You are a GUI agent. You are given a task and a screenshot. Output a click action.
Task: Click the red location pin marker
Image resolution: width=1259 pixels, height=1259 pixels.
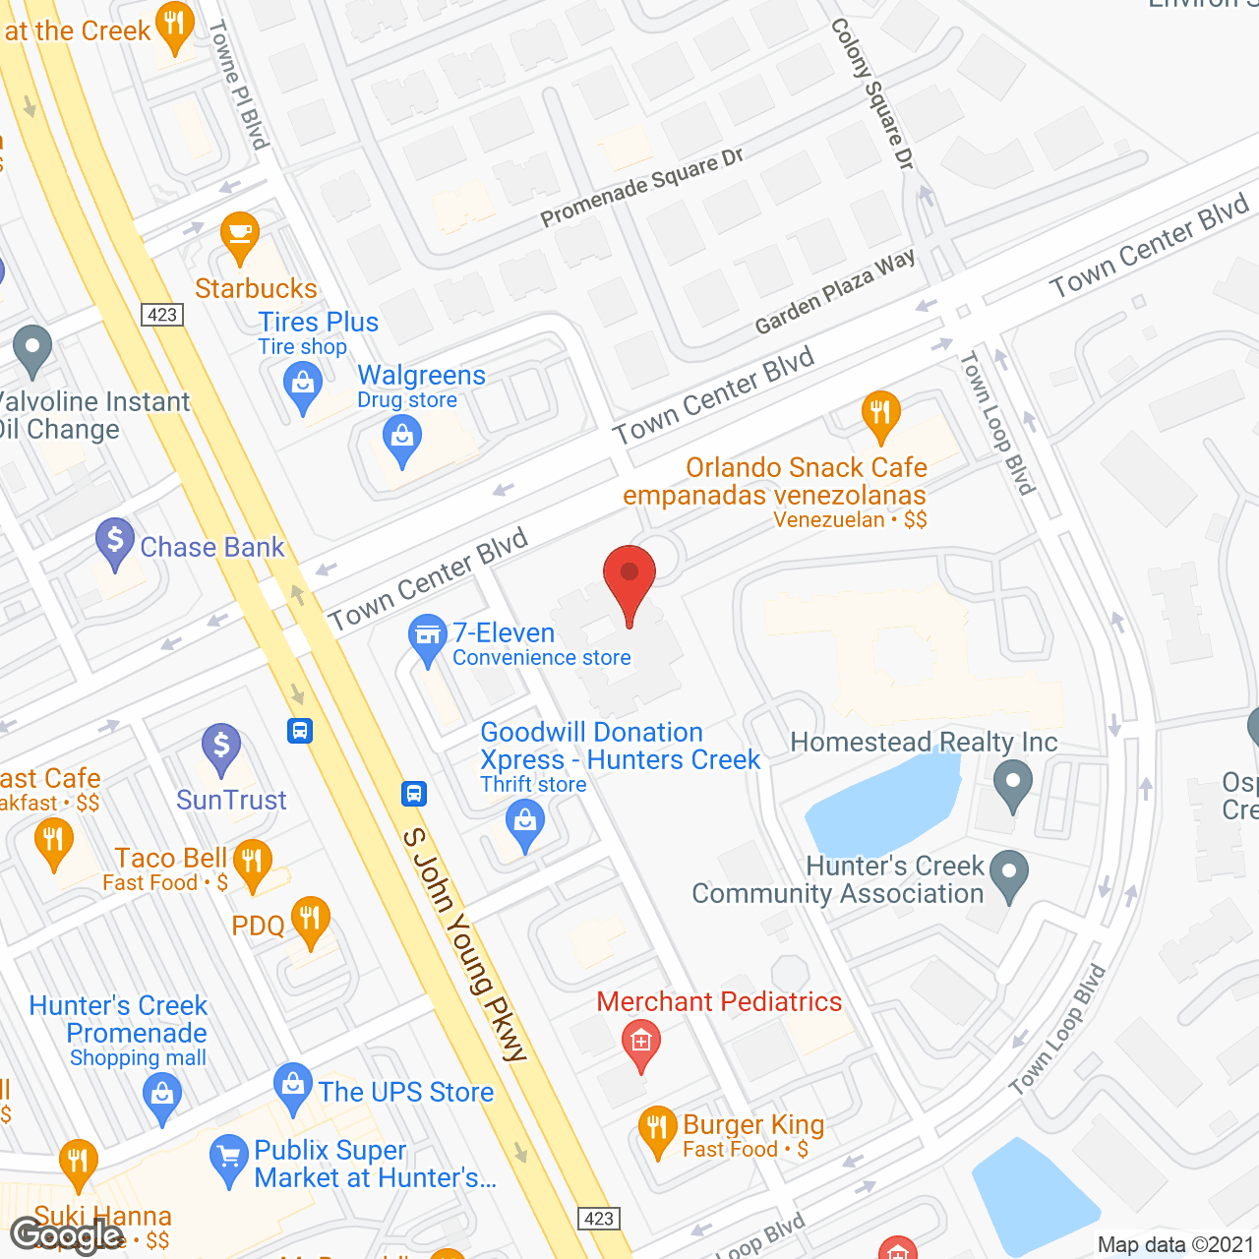coord(629,575)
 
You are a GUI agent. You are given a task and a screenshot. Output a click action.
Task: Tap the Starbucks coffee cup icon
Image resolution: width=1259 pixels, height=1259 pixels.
coord(240,234)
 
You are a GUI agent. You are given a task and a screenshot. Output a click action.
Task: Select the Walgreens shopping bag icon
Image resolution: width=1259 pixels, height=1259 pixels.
coord(402,437)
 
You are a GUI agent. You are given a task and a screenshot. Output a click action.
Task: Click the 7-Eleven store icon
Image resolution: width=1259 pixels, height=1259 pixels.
coord(428,636)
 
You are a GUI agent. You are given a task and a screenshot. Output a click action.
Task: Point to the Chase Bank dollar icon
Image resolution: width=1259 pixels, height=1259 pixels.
coord(115,540)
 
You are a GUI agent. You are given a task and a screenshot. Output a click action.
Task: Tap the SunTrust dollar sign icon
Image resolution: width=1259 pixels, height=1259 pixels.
coord(221,747)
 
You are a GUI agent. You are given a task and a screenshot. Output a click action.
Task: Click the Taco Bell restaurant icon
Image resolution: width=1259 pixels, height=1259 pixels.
coord(253,862)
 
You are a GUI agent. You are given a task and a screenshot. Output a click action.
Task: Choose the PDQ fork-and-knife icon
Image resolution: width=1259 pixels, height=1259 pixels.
coord(311,919)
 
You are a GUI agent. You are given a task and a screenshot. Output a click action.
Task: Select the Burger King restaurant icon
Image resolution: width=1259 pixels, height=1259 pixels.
coord(657,1128)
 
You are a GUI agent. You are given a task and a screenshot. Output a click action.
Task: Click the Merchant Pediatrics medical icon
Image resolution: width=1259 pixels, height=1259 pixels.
coord(641,1041)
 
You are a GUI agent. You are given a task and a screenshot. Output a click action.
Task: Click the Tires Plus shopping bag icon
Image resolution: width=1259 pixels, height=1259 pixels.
coord(303,384)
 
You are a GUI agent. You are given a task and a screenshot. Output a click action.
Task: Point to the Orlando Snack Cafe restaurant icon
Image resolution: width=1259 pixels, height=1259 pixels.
coord(880,413)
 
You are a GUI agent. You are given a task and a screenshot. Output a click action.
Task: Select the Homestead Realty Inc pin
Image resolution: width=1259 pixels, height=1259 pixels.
coord(1013,785)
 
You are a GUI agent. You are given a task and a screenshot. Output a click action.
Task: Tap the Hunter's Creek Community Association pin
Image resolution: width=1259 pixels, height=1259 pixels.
coord(1009,872)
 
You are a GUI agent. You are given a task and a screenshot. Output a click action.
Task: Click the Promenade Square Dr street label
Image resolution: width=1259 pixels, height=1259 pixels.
coord(642,187)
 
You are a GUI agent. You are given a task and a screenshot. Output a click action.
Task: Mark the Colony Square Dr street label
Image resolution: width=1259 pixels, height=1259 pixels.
coord(872,93)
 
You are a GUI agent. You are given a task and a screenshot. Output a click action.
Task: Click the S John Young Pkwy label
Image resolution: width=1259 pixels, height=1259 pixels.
coord(465,944)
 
